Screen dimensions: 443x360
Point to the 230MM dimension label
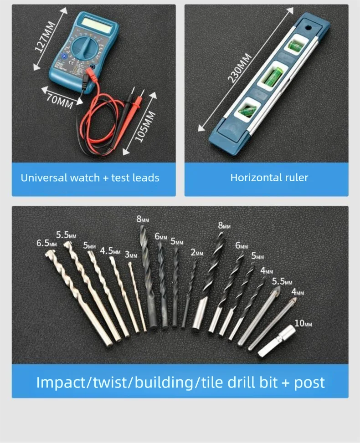[240, 69]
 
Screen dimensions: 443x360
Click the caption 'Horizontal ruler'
[269, 178]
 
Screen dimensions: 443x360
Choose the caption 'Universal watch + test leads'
[90, 178]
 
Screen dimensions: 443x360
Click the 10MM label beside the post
[303, 324]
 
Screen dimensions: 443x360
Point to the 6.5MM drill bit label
[46, 243]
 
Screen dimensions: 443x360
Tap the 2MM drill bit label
[197, 253]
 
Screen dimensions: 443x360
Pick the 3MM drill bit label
[130, 255]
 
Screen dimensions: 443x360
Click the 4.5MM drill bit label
[110, 251]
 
